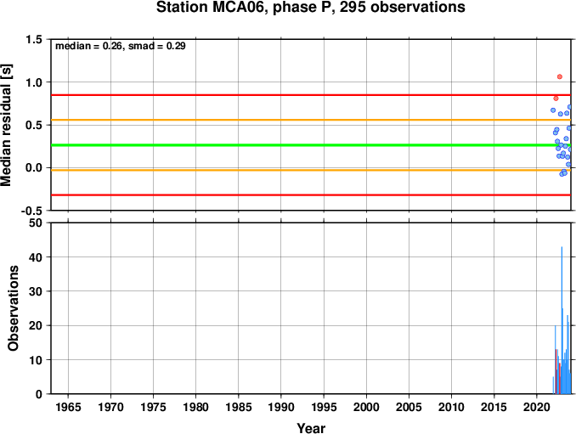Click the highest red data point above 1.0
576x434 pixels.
click(560, 76)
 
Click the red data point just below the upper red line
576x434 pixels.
click(556, 99)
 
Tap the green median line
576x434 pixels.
click(311, 145)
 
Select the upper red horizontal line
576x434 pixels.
click(311, 95)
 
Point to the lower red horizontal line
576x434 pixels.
click(311, 195)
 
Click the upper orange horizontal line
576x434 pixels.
click(311, 120)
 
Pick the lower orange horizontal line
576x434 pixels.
click(311, 170)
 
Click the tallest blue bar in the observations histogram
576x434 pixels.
click(562, 320)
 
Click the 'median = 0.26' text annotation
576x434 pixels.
click(88, 46)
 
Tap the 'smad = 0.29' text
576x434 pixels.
click(157, 46)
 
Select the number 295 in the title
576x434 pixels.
click(353, 8)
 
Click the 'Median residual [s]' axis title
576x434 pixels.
click(6, 125)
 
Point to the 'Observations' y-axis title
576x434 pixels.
click(14, 308)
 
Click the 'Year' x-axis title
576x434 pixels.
click(311, 428)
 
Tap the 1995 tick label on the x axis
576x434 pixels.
click(324, 407)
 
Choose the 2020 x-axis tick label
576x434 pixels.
click(537, 407)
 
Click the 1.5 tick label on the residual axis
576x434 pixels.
click(34, 39)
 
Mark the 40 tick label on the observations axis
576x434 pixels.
click(36, 257)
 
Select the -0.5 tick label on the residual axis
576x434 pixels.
click(32, 211)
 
